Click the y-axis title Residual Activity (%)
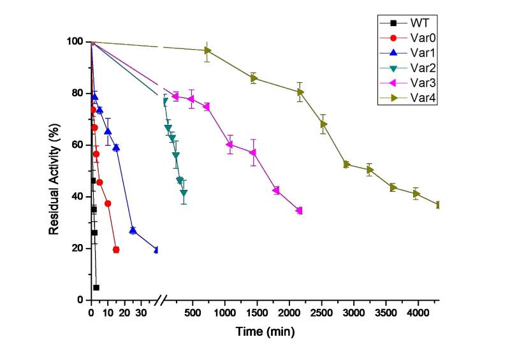pyautogui.click(x=55, y=170)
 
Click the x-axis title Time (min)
pyautogui.click(x=265, y=333)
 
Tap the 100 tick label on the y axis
pyautogui.click(x=75, y=42)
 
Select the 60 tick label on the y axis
pyautogui.click(x=78, y=145)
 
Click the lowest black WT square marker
pyautogui.click(x=96, y=287)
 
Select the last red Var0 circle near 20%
pyautogui.click(x=116, y=250)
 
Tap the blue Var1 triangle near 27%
pyautogui.click(x=133, y=230)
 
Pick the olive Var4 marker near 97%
pyautogui.click(x=208, y=50)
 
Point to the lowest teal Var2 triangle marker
pyautogui.click(x=184, y=192)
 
